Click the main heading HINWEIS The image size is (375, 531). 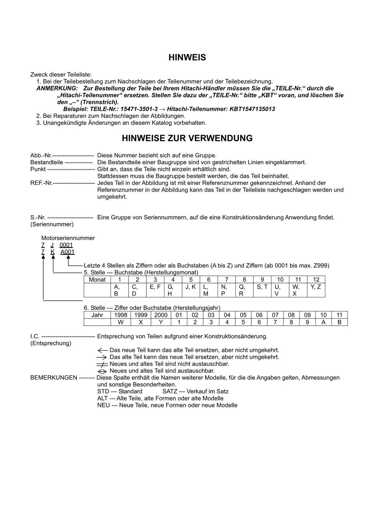tap(187, 58)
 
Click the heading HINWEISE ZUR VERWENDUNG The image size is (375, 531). tap(187, 138)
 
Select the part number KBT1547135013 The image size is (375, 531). tap(252, 109)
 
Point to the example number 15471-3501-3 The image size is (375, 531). tap(139, 109)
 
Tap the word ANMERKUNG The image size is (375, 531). tap(57, 88)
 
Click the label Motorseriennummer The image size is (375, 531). tap(68, 238)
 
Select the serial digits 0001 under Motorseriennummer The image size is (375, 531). tap(66, 245)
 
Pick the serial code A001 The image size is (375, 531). tap(67, 252)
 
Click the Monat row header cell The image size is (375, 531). tap(97, 279)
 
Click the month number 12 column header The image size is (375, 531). tap(316, 279)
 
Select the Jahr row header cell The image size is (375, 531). tap(97, 315)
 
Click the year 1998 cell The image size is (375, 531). tap(121, 315)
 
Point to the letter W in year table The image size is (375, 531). tap(121, 322)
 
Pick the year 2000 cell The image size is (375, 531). tap(161, 315)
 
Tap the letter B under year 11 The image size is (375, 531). tap(339, 322)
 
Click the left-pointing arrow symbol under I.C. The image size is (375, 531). tap(103, 350)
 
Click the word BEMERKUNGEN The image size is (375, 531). tap(54, 378)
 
